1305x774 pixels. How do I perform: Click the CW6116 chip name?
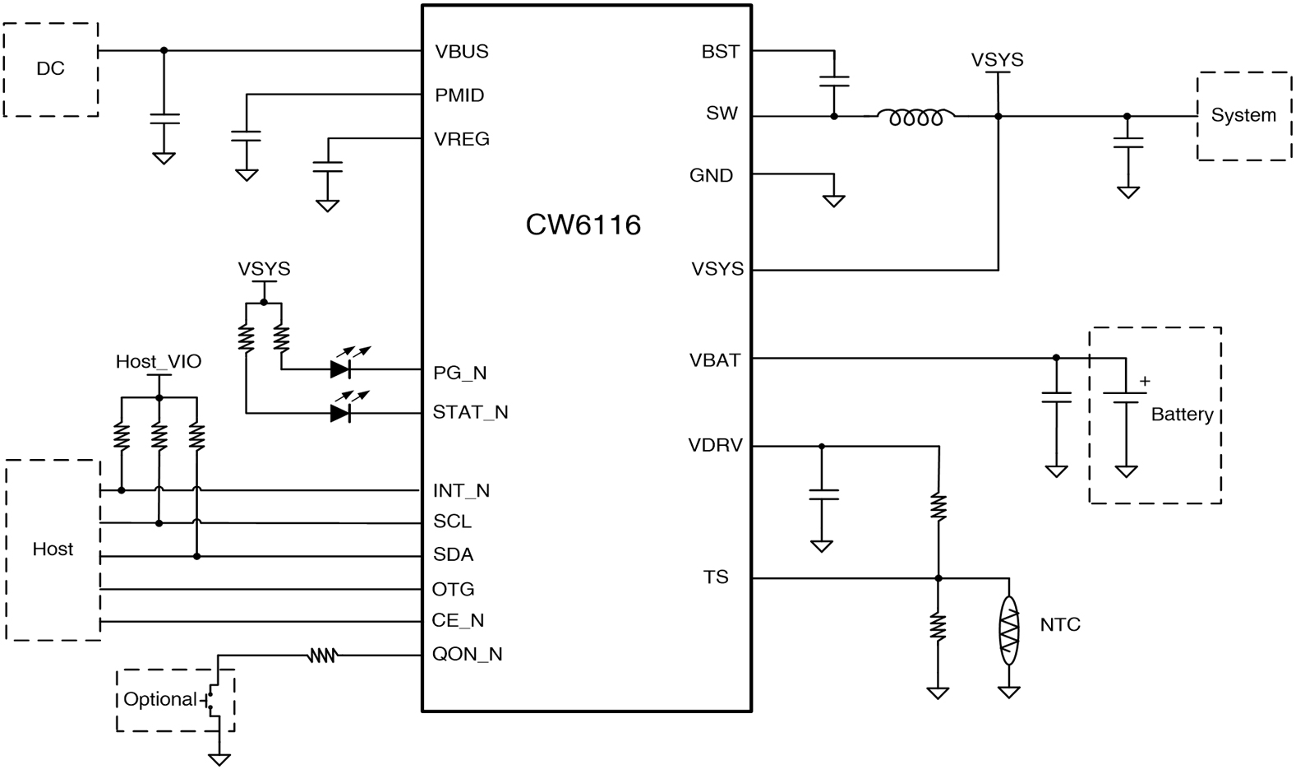click(x=583, y=225)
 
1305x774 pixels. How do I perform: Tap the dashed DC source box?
click(x=51, y=69)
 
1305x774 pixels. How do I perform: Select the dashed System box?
click(x=1243, y=115)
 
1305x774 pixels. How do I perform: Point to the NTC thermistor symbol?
click(x=1009, y=631)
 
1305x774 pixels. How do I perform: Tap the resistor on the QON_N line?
click(x=322, y=656)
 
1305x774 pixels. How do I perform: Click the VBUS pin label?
click(x=462, y=52)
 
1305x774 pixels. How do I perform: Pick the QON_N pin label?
click(x=468, y=655)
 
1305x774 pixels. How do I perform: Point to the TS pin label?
click(x=716, y=577)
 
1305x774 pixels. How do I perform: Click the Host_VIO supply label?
click(x=159, y=362)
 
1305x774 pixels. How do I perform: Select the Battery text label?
click(x=1182, y=415)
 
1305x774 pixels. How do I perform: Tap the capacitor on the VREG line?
click(x=328, y=166)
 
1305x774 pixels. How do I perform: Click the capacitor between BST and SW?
click(x=834, y=81)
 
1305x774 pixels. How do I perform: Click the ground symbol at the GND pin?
click(x=834, y=200)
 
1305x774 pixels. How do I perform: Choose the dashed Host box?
click(x=53, y=549)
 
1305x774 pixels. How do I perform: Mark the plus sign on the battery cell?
click(x=1146, y=382)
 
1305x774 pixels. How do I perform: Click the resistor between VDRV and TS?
click(x=938, y=507)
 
